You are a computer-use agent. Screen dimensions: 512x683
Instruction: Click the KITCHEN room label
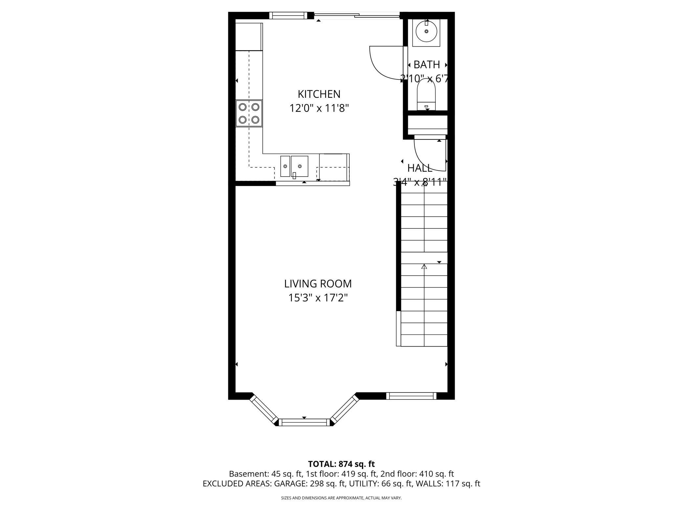click(x=319, y=94)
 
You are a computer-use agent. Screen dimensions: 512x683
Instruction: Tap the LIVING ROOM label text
click(x=318, y=284)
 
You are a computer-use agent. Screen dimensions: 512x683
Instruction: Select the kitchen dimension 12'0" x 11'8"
click(x=319, y=108)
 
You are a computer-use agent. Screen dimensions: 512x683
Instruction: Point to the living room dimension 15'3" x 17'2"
click(x=318, y=298)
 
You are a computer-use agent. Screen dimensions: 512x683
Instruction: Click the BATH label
click(x=427, y=65)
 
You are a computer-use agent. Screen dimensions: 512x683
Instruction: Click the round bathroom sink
click(x=426, y=32)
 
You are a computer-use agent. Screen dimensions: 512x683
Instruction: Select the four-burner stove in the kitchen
click(x=249, y=114)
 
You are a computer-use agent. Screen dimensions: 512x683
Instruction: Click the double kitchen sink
click(x=294, y=166)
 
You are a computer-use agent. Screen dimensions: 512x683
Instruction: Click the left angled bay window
click(x=264, y=410)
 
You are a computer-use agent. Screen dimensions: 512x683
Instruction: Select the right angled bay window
click(x=344, y=409)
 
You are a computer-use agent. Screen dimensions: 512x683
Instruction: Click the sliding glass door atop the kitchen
click(x=357, y=15)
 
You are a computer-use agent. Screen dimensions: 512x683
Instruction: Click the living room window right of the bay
click(x=411, y=396)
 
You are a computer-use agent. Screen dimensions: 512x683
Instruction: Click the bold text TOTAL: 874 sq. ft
click(x=341, y=464)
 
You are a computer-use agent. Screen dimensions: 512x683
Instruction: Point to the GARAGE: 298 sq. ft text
click(x=310, y=483)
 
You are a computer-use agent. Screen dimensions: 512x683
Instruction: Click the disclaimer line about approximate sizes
click(x=341, y=498)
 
